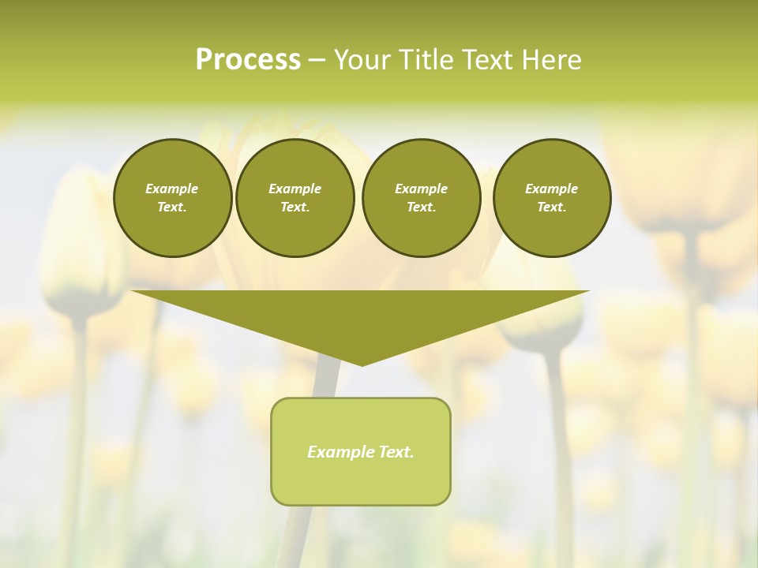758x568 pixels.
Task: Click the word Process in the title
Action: click(248, 60)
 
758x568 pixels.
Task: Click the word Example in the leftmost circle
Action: click(172, 189)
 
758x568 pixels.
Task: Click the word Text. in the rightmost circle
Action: click(552, 207)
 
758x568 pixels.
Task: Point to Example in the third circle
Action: click(421, 189)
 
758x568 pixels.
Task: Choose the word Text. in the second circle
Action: click(295, 207)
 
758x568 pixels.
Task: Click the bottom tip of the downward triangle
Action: click(362, 364)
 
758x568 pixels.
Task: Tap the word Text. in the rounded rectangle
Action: click(397, 452)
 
